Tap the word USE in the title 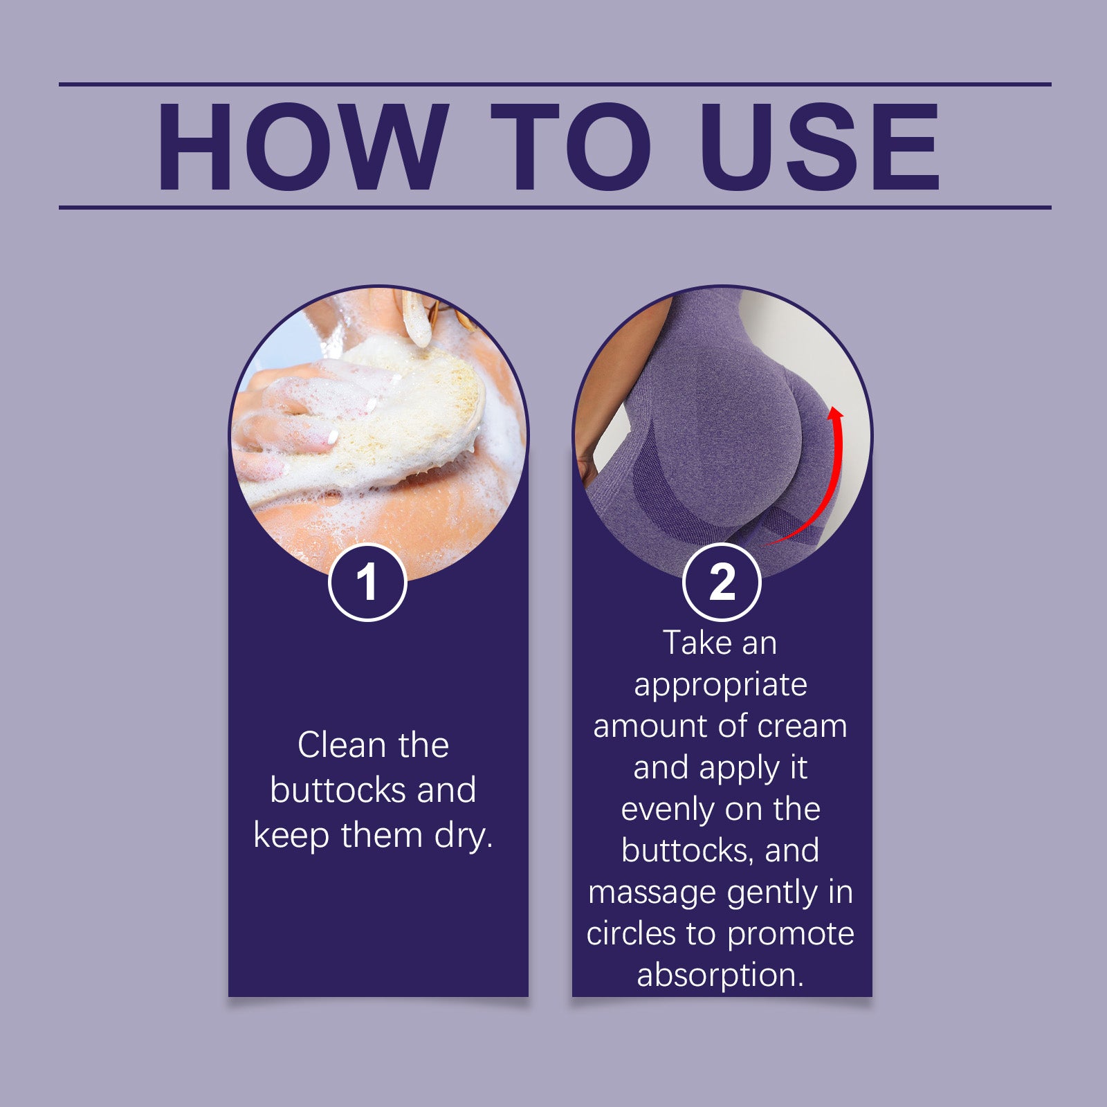point(819,147)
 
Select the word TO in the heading point(571,147)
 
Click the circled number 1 point(367,582)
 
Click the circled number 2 point(722,582)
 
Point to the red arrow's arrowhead point(836,413)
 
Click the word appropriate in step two point(720,686)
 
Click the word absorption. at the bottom point(720,975)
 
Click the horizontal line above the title point(553,84)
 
